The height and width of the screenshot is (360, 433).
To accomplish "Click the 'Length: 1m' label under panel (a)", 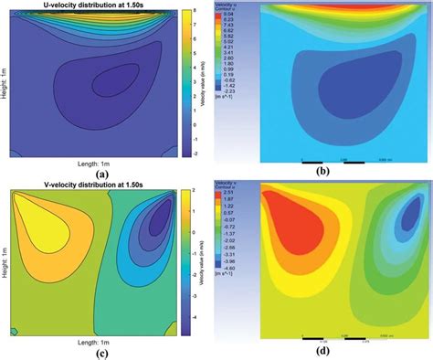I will coord(103,161).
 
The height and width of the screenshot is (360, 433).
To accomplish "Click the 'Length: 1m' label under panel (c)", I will coord(103,340).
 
